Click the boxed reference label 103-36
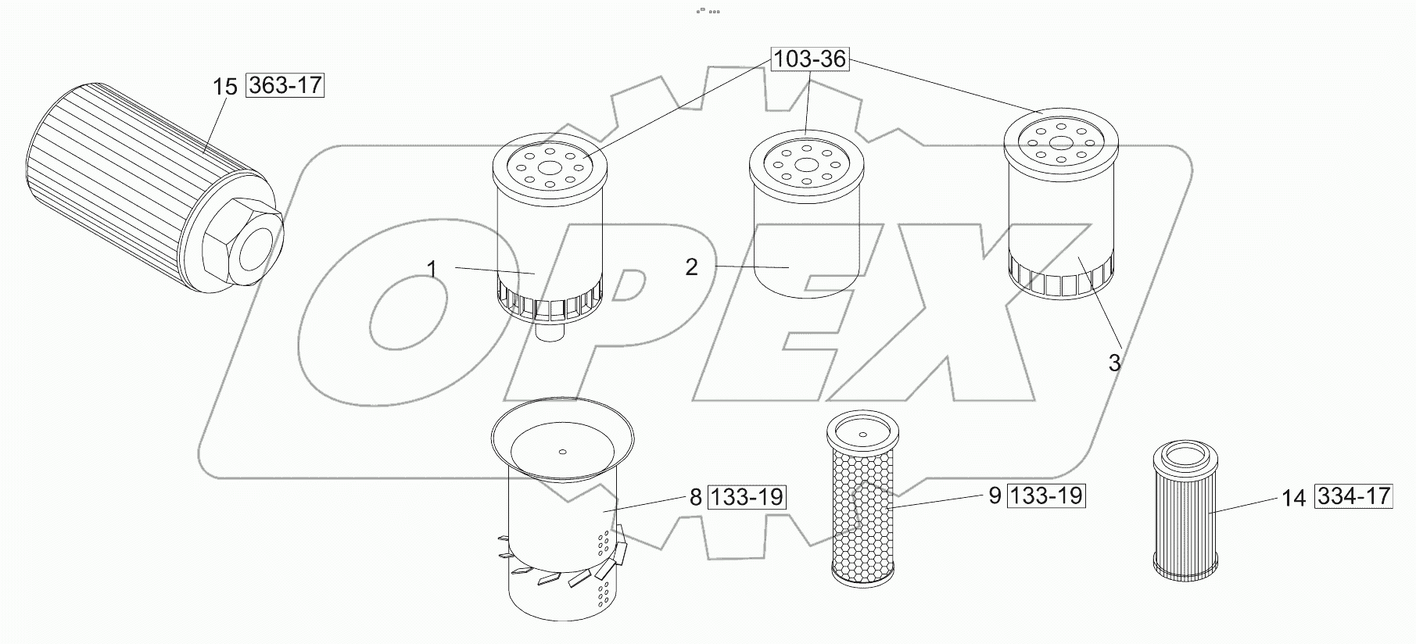[811, 59]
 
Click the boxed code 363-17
[285, 84]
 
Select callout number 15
[224, 86]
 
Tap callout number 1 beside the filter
[432, 269]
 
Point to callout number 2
[691, 267]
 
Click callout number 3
[1114, 363]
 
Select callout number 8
[695, 497]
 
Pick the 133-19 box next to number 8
[747, 497]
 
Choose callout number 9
[995, 496]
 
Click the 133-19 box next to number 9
[1046, 496]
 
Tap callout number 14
[1293, 498]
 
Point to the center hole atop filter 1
[550, 167]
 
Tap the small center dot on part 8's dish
[562, 450]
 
